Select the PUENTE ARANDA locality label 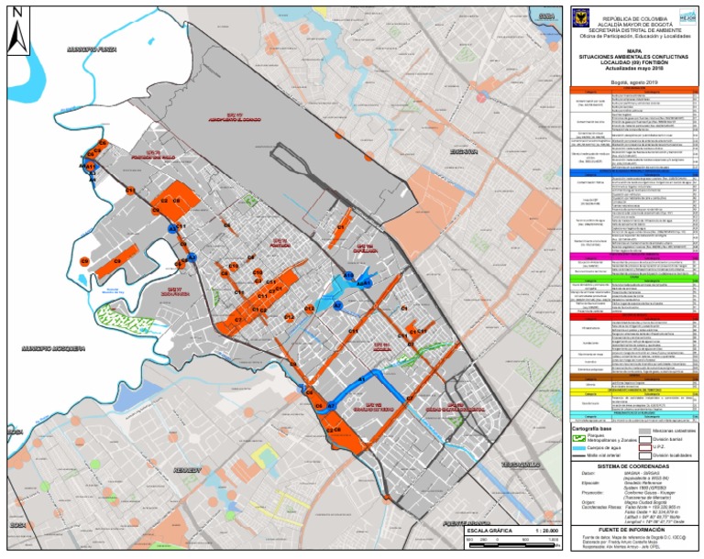[x=464, y=524]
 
